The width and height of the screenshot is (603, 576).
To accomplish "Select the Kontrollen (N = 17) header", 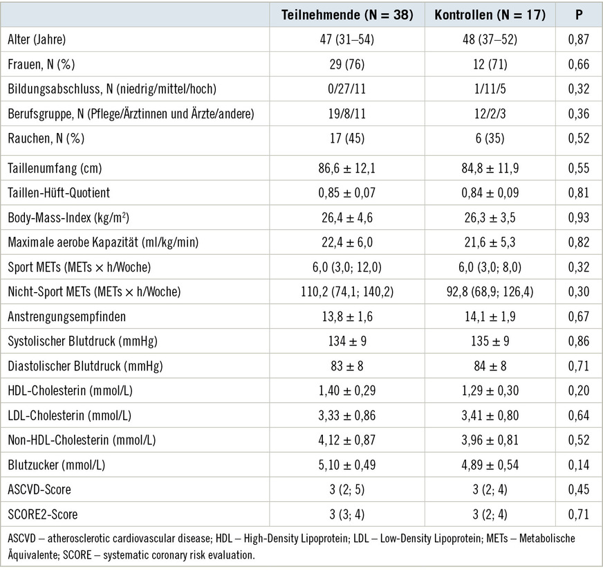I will point(490,15).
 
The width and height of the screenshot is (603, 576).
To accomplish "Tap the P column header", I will point(578,15).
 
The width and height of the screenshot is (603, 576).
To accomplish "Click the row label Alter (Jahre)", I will point(37,40).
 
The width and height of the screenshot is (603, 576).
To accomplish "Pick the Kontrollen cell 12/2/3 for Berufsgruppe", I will point(490,114).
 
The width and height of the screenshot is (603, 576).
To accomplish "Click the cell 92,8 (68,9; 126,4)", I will point(490,292).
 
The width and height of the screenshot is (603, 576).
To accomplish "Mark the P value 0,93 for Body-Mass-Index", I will point(578,218).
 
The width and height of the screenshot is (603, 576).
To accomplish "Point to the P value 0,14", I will point(578,465).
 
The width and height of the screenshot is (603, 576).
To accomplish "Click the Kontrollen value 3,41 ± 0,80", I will point(490,415).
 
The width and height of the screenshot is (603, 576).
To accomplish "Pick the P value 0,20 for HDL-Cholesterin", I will point(578,391).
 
